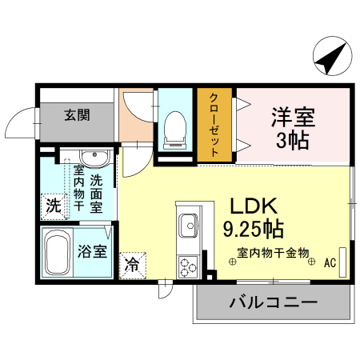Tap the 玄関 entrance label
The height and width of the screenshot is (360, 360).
tap(77, 114)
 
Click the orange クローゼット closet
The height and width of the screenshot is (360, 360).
tap(214, 124)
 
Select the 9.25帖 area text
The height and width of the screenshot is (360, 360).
tap(252, 229)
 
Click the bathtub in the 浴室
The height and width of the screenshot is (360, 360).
tap(58, 254)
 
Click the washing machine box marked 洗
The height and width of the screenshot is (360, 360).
tap(53, 205)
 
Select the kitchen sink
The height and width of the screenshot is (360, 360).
tap(189, 225)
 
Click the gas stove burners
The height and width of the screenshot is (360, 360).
tap(188, 265)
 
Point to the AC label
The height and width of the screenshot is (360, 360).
tap(328, 261)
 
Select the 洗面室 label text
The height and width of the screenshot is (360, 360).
tap(96, 193)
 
